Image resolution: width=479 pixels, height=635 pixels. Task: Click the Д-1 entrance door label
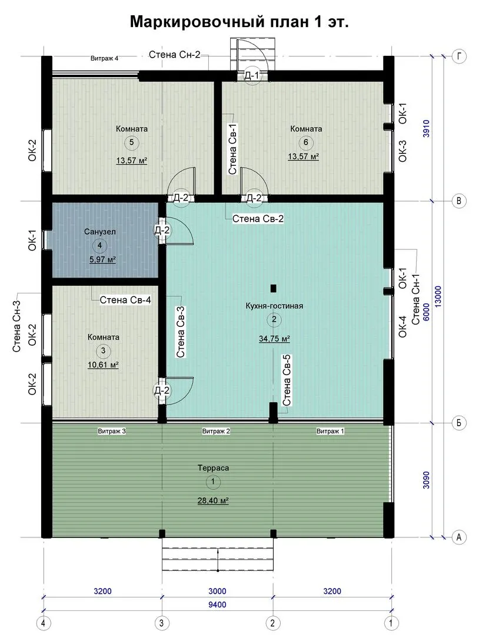252,75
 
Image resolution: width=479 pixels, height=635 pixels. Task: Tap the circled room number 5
131,142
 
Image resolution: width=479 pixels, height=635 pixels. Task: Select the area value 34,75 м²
274,339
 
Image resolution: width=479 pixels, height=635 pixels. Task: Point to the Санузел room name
99,232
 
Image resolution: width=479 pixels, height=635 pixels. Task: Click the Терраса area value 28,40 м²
213,501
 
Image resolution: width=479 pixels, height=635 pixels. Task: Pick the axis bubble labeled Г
459,56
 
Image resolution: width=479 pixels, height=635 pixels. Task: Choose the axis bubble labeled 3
162,623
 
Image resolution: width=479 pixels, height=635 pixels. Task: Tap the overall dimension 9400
217,605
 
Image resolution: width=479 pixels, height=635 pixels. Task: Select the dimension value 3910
426,128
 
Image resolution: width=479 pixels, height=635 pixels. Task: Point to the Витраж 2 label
216,432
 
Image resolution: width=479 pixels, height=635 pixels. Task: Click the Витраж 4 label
105,58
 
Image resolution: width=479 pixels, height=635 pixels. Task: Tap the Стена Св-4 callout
125,300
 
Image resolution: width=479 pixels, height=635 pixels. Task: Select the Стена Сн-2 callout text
175,55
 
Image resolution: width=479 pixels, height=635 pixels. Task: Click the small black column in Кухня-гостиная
274,288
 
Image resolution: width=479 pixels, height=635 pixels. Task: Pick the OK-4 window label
403,326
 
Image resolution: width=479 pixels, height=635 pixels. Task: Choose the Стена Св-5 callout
287,380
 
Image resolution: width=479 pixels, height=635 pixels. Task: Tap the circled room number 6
305,142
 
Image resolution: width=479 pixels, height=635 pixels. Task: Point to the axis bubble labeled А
459,537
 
